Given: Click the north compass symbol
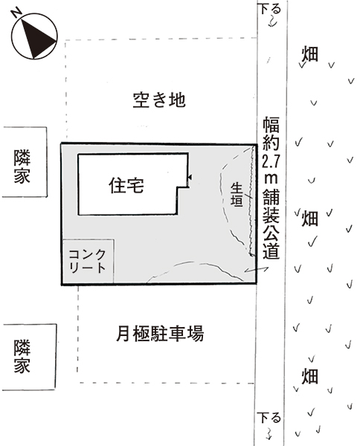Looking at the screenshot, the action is (34, 36).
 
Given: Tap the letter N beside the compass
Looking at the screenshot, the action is (16, 13).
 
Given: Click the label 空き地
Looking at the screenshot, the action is (159, 100).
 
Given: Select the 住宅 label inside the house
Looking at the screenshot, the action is (126, 185).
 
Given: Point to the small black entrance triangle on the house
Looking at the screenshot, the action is (190, 178).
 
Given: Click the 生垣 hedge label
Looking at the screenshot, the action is (237, 195).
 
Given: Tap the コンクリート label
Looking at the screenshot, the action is (88, 261).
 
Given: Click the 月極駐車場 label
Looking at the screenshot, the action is (160, 333).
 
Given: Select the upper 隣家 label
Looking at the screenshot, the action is (22, 167).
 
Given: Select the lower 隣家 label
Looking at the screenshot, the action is (22, 356).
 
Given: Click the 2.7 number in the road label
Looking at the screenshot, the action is (271, 161).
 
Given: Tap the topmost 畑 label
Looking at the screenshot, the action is (309, 54).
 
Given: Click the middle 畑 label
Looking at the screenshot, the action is (309, 218).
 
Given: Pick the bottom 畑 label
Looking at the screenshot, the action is (309, 375).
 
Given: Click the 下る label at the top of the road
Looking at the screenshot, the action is (269, 9).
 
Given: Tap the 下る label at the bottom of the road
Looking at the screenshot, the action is (269, 418).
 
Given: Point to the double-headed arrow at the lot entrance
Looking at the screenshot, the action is (256, 270).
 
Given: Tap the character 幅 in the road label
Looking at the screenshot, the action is (271, 125).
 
